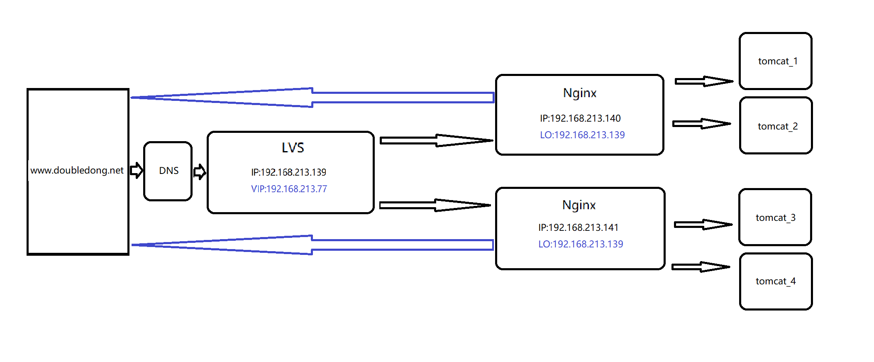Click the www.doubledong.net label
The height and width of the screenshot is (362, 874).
(77, 170)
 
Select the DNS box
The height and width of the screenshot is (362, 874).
(168, 171)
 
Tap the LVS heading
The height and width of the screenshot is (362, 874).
(293, 147)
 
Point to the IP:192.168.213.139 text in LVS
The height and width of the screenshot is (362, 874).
(288, 172)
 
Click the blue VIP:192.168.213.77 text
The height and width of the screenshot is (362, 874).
(289, 189)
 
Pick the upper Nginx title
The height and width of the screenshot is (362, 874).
(579, 93)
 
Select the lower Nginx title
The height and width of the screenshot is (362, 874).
(579, 205)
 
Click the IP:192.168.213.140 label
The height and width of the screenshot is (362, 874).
(580, 118)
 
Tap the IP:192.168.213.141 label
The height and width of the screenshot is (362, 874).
(578, 227)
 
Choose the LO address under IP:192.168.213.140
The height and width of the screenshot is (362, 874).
(582, 135)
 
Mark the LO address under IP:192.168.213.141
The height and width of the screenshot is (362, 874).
(581, 244)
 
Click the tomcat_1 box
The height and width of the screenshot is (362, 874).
(775, 61)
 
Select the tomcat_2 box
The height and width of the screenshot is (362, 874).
(776, 125)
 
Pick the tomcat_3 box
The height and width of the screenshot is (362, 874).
(775, 217)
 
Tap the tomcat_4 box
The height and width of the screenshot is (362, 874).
(776, 281)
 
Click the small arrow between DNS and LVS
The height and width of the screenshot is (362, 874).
(200, 171)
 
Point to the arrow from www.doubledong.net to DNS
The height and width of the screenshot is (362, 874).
(137, 170)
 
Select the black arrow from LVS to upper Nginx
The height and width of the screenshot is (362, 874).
(436, 140)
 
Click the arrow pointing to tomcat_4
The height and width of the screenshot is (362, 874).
(701, 267)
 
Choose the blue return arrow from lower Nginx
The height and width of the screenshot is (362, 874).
(311, 245)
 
